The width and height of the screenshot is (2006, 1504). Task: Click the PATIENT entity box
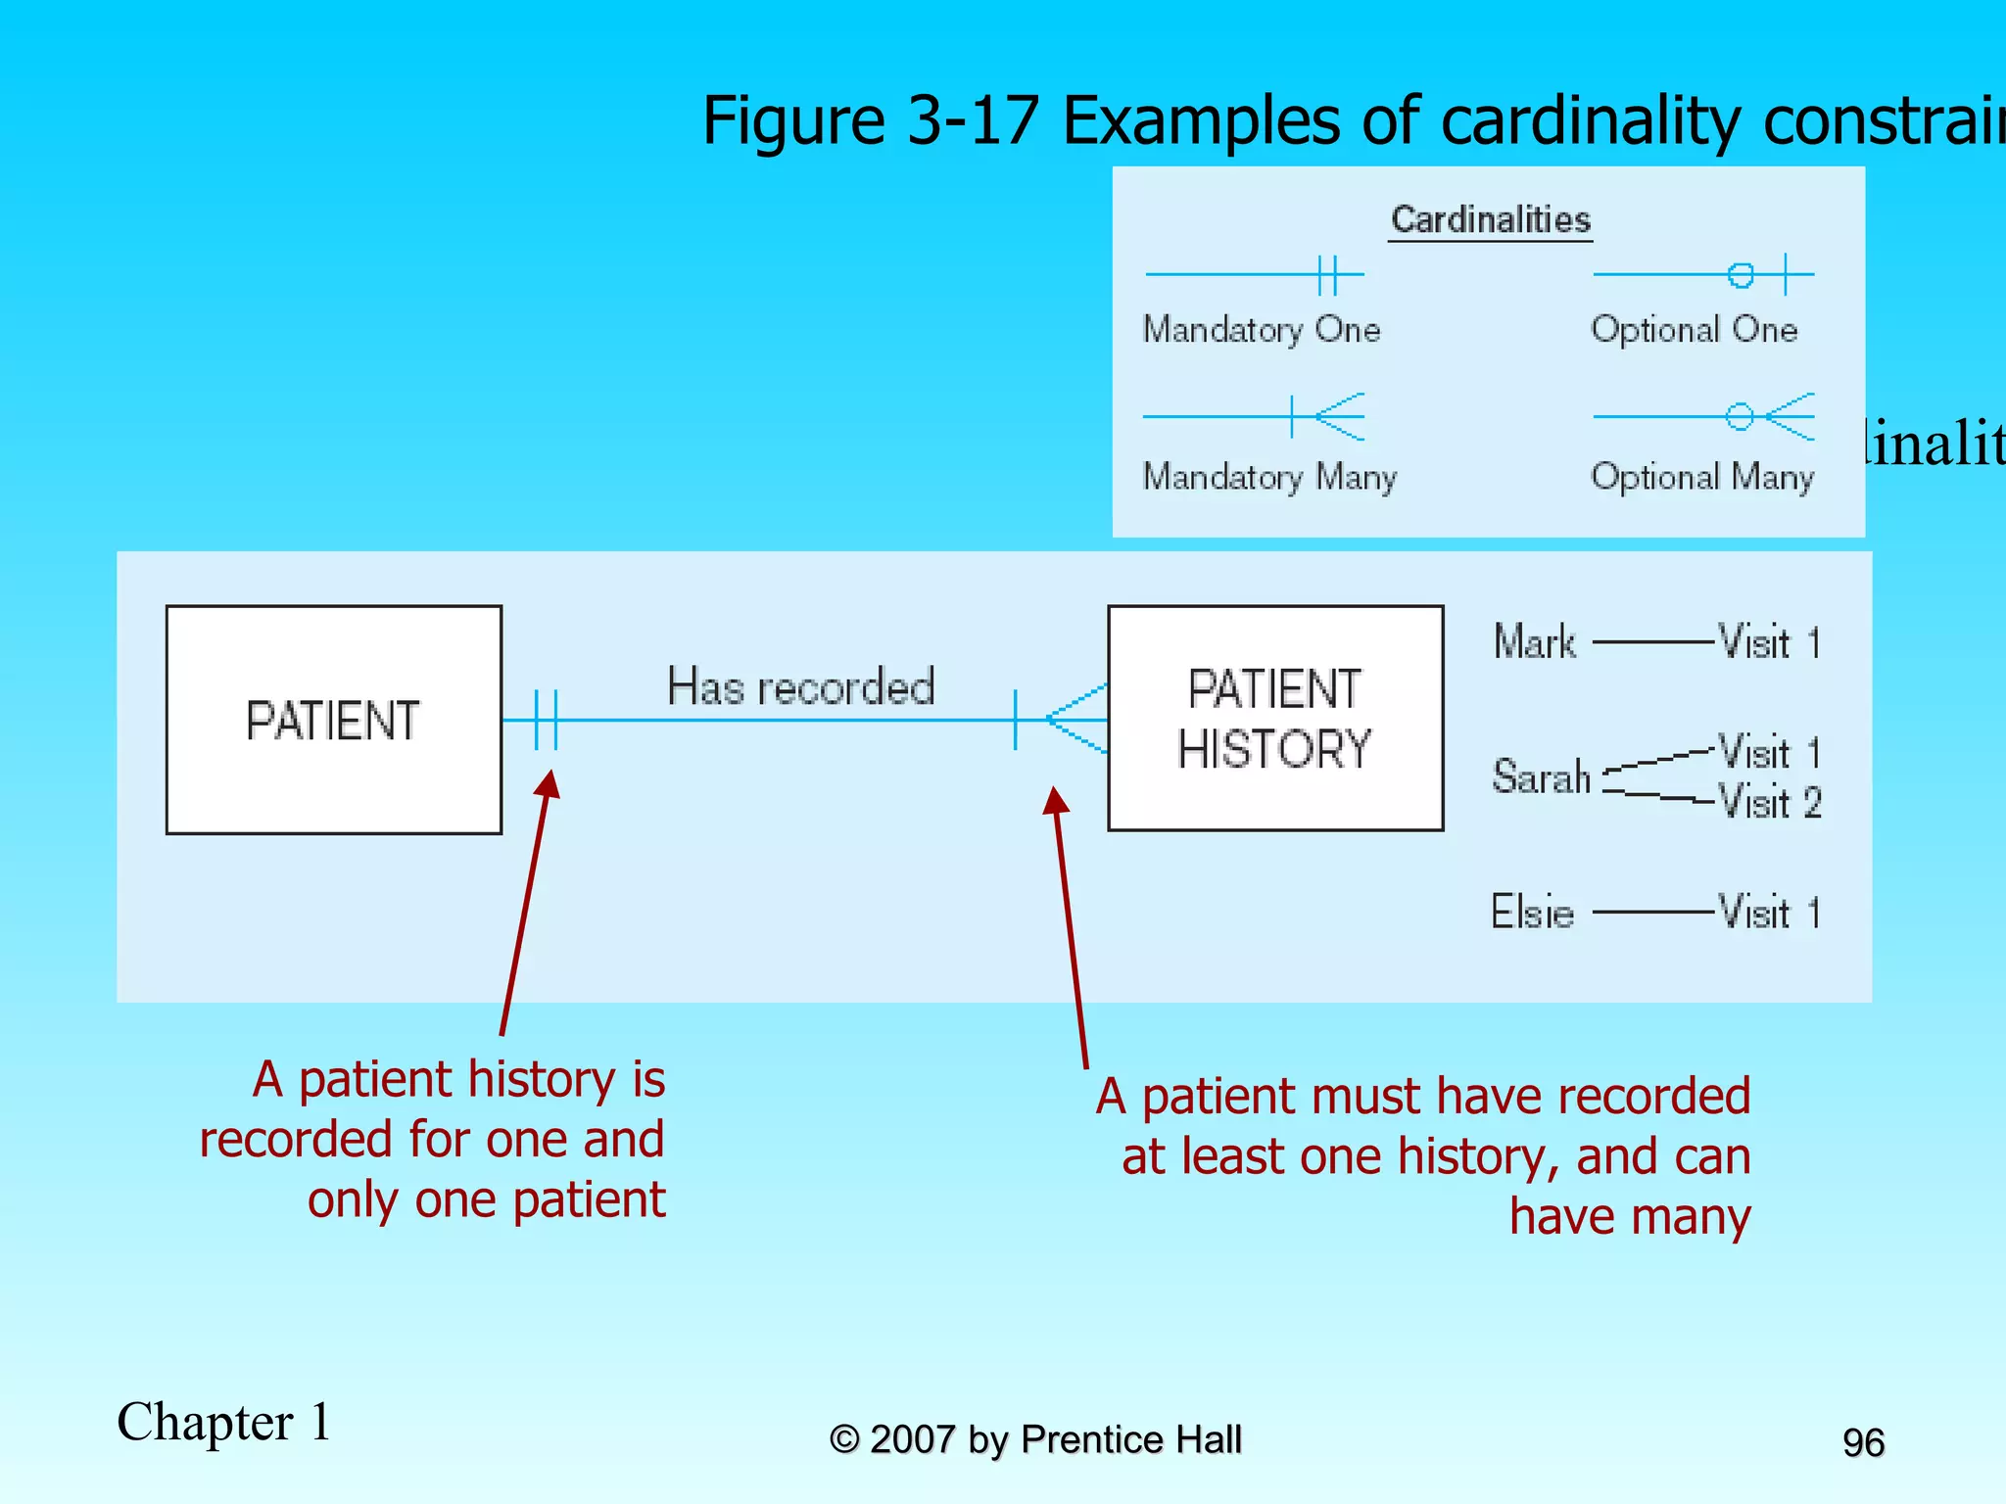333,720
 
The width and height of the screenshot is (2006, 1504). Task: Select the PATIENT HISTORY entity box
1274,718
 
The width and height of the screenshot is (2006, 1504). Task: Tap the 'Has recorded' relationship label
800,686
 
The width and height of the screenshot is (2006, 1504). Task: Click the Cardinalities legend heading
1490,219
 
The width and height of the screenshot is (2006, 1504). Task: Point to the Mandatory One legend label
1262,330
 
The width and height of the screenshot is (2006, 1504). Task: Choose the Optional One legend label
1694,330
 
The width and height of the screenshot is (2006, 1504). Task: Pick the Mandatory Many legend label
1269,477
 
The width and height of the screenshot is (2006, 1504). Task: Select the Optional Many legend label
1702,477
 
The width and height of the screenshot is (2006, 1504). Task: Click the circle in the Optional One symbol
1741,275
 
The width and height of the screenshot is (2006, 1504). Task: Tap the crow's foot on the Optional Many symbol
1791,417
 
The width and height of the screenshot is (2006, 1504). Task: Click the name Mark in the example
1535,642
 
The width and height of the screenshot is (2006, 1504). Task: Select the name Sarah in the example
1541,776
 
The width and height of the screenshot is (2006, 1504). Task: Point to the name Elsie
1532,912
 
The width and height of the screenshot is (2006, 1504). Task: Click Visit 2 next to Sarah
1770,803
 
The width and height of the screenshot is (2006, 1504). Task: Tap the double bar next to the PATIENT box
546,720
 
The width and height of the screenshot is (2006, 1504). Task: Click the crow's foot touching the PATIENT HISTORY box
1077,719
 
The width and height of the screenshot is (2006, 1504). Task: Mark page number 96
1863,1442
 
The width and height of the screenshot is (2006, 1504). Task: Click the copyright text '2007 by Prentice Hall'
1055,1439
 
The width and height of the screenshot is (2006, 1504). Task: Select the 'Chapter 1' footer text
224,1422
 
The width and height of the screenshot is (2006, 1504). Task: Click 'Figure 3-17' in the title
870,121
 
